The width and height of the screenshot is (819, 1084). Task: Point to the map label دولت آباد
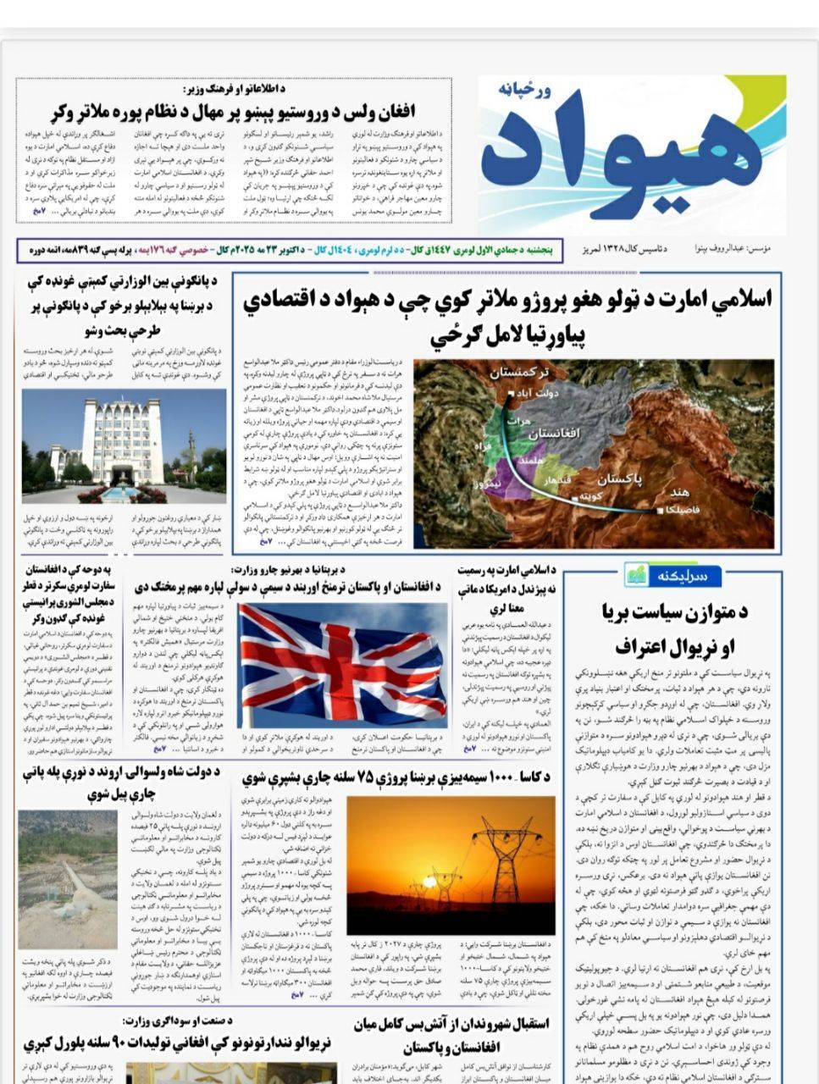coord(538,395)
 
